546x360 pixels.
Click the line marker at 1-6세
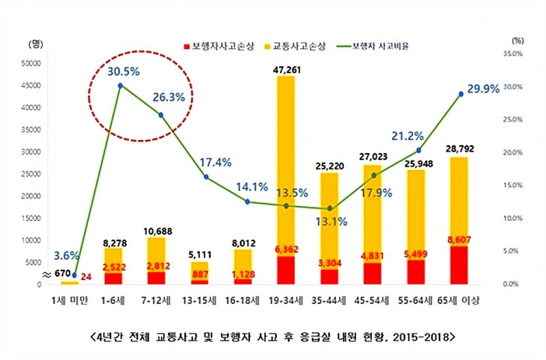click(120, 85)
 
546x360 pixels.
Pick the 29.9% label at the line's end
click(483, 89)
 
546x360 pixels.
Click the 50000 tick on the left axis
click(32, 64)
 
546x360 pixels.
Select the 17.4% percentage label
click(216, 163)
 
